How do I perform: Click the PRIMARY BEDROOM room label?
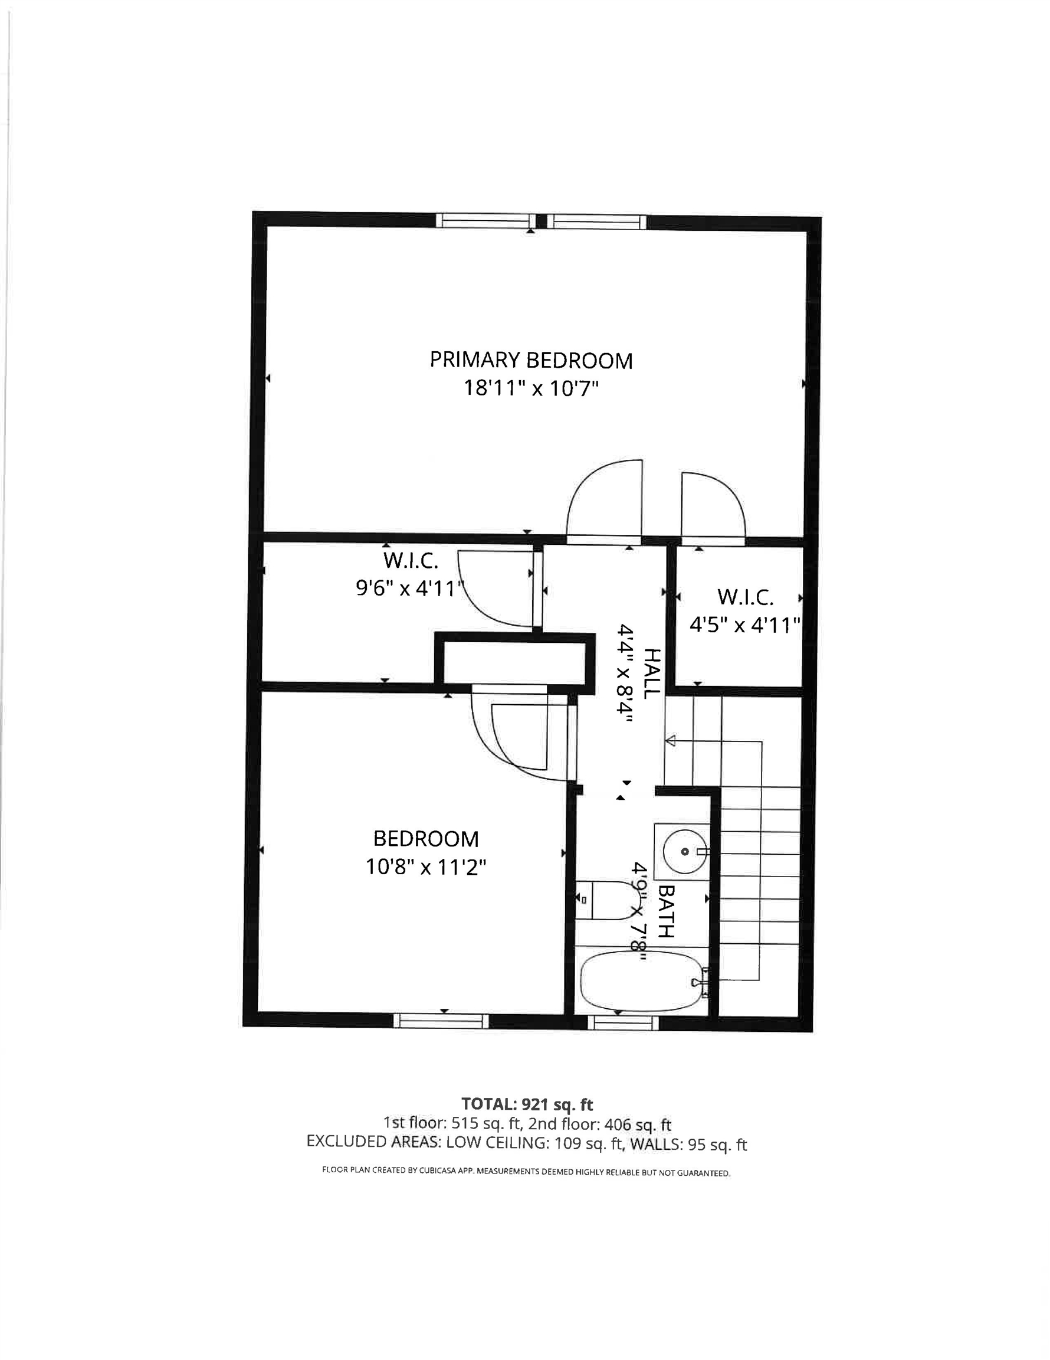(x=530, y=361)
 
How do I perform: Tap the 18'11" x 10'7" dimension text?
(x=530, y=388)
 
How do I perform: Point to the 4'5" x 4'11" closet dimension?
(x=744, y=625)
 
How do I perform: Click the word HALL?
(x=651, y=673)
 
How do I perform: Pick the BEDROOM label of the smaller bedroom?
(x=426, y=839)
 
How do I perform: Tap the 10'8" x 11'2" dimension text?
(x=426, y=867)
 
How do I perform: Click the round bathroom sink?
(x=684, y=851)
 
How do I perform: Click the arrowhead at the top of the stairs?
(x=671, y=740)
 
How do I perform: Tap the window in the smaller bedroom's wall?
(x=441, y=1021)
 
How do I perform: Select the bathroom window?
(x=623, y=1022)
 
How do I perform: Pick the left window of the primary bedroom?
(x=485, y=220)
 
